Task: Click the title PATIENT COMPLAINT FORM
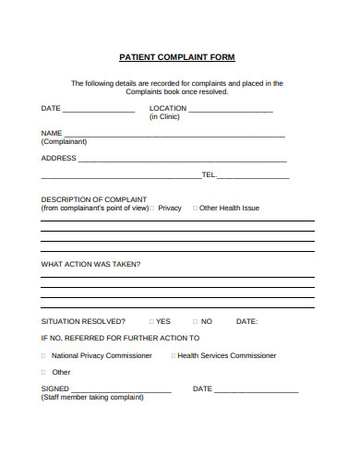pyautogui.click(x=177, y=57)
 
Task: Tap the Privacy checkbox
pyautogui.click(x=152, y=208)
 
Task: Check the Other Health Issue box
pyautogui.click(x=195, y=208)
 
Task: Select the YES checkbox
pyautogui.click(x=151, y=321)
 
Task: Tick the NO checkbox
pyautogui.click(x=195, y=321)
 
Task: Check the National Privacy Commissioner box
pyautogui.click(x=44, y=355)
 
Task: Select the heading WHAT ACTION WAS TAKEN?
pyautogui.click(x=91, y=265)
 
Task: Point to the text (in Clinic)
pyautogui.click(x=164, y=117)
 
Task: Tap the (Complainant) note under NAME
pyautogui.click(x=64, y=141)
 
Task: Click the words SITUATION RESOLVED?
pyautogui.click(x=84, y=321)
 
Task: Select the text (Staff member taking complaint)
pyautogui.click(x=92, y=398)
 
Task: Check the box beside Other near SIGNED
pyautogui.click(x=44, y=372)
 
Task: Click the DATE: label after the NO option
pyautogui.click(x=246, y=321)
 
